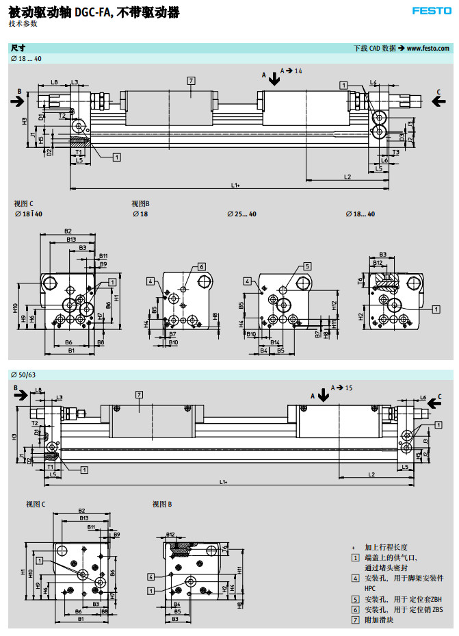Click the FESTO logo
431,10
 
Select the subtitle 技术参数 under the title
23,24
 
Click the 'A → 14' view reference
291,71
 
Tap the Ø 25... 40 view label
241,214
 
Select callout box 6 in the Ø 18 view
202,266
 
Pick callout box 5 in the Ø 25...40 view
308,266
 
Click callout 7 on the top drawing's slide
190,81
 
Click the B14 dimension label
274,341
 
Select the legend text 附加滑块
378,620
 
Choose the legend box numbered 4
355,578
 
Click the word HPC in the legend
370,588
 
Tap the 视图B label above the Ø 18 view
140,203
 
